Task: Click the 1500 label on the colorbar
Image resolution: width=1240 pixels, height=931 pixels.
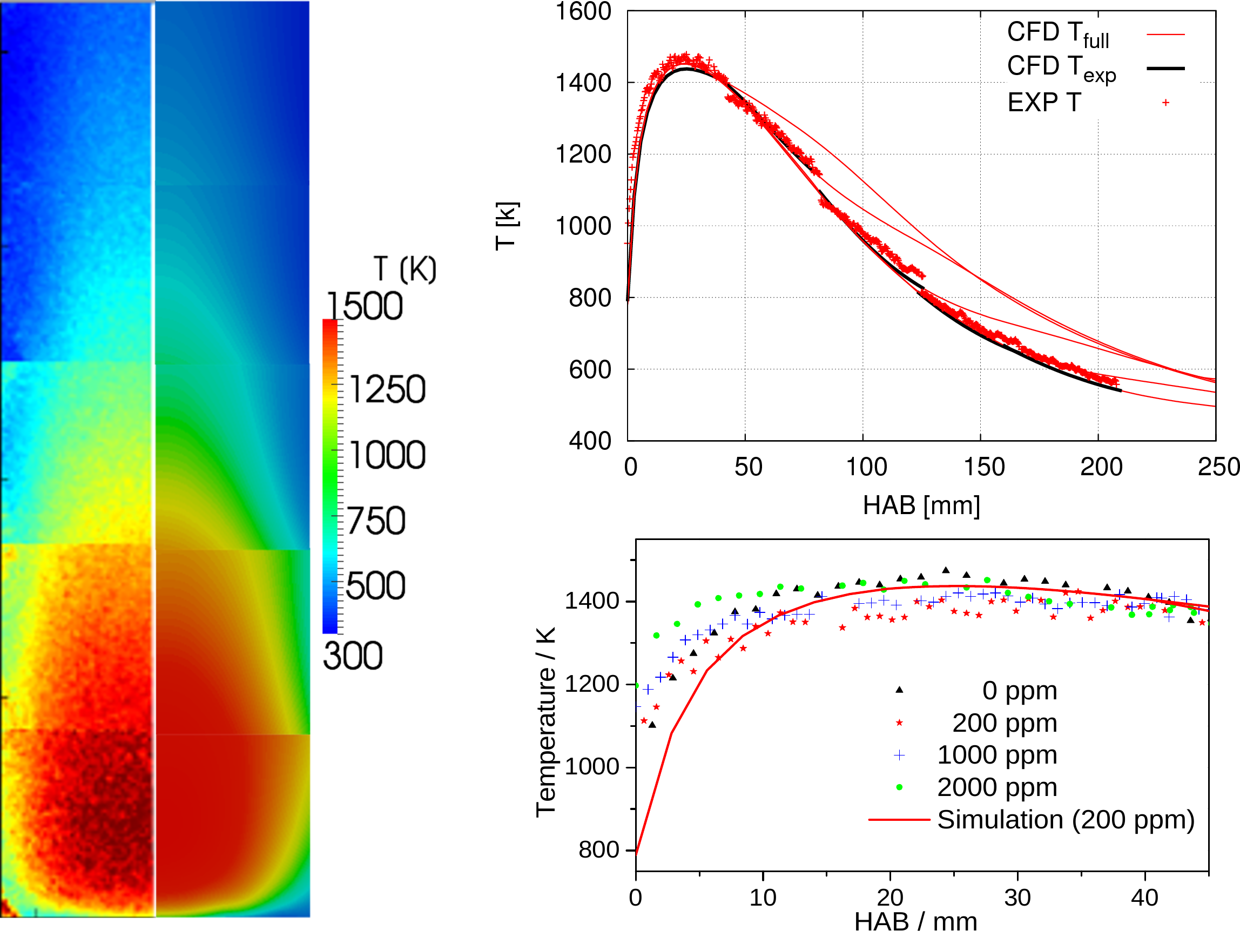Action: point(365,307)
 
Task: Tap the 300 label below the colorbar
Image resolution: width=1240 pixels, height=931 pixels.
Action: point(353,656)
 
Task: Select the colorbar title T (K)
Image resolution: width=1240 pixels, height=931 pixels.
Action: point(405,269)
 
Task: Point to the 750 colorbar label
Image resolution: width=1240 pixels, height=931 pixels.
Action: point(375,521)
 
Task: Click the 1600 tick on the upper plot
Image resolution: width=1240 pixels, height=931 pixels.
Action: point(583,12)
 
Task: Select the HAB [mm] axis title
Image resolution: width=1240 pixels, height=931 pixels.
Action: point(921,505)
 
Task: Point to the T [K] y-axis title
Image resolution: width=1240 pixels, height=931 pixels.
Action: point(507,225)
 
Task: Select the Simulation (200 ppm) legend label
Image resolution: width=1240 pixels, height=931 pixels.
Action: point(1066,820)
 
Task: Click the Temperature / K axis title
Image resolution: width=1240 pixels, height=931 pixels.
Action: point(545,723)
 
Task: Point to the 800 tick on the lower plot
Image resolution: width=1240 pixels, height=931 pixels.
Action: point(599,850)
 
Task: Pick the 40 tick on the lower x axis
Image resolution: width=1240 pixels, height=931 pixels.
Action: point(1144,898)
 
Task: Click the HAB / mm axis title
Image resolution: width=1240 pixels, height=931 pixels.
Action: point(915,921)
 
